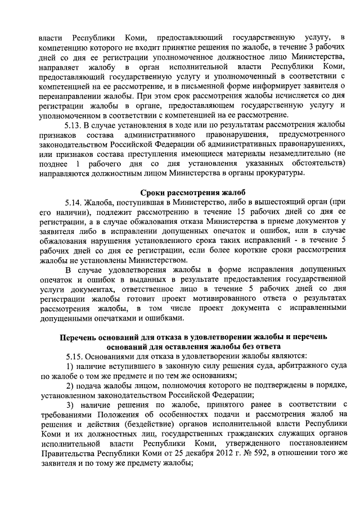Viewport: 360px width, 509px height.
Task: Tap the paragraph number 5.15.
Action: [x=75, y=356]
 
